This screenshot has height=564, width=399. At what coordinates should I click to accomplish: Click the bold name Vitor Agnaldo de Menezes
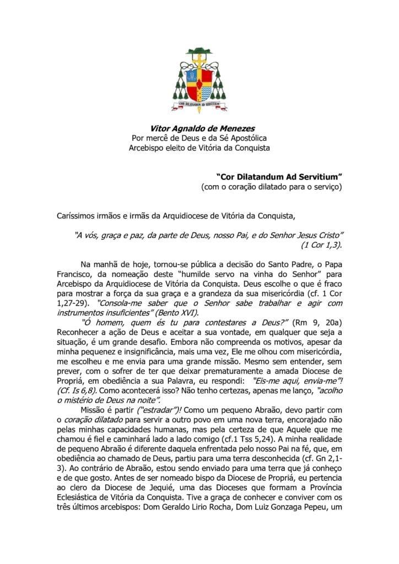point(199,128)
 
